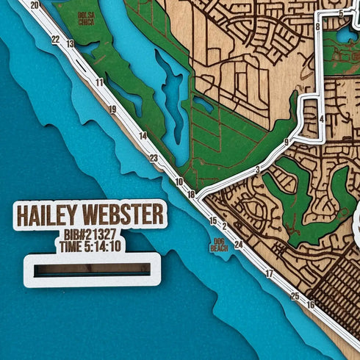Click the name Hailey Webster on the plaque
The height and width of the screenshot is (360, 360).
point(90,215)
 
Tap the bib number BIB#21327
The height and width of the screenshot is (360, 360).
point(90,235)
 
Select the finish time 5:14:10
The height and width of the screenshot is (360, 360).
point(90,246)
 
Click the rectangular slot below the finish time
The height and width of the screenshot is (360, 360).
point(92,269)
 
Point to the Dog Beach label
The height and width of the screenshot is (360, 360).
point(219,245)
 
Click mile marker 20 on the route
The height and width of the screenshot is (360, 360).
point(35,5)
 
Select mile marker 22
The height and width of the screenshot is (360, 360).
point(56,40)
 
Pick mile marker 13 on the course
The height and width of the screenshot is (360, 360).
point(71,44)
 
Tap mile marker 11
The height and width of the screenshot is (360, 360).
point(99,82)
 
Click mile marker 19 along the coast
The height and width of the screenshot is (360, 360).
point(112,109)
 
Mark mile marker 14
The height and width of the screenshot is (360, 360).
point(143,135)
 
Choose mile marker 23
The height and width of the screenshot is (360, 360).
point(154,158)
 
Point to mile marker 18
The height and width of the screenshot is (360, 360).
point(191,194)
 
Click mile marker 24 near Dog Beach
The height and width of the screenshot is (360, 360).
point(238,244)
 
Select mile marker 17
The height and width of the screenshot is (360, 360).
point(269,273)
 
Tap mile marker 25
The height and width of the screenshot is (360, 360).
point(295,296)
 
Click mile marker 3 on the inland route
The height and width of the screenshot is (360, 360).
point(257,170)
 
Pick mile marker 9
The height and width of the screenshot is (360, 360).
point(286,142)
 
